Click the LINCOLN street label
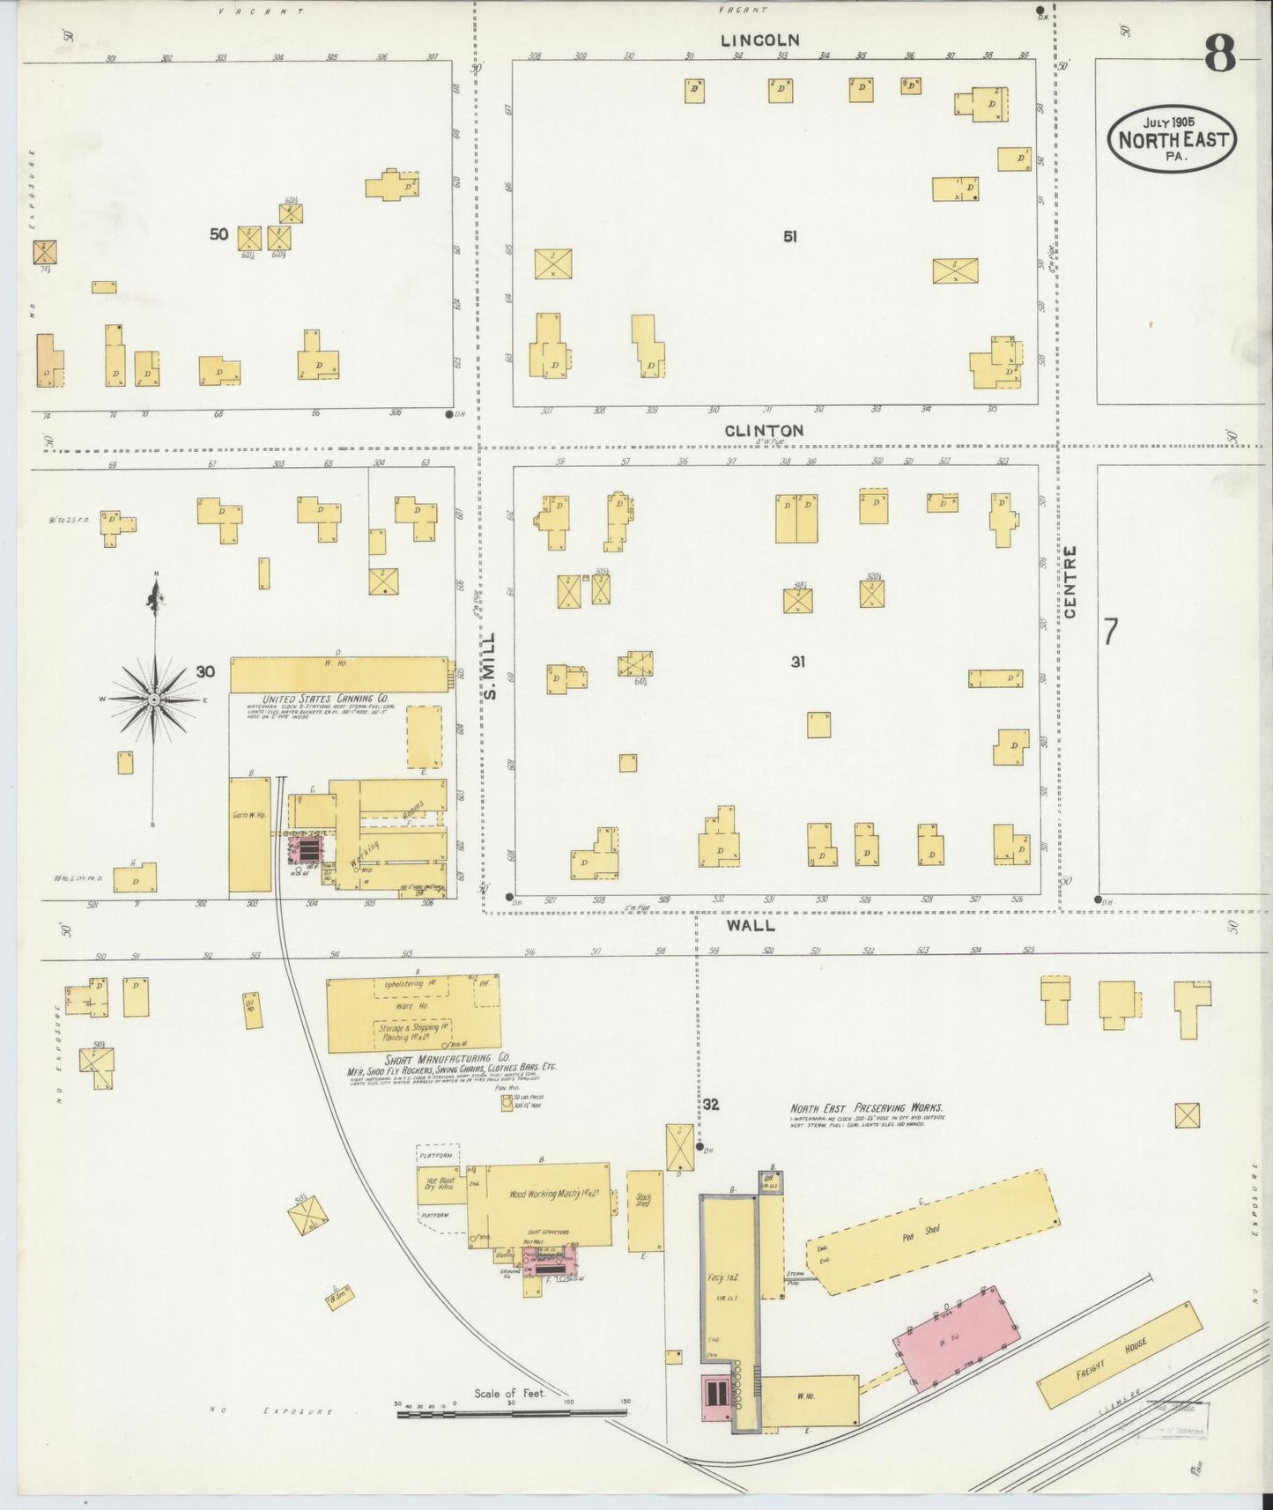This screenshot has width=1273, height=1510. click(759, 41)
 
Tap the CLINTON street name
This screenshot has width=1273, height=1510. click(764, 431)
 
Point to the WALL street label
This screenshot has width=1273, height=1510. click(751, 925)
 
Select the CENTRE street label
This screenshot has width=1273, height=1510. click(1070, 581)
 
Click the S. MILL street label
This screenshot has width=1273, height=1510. click(491, 665)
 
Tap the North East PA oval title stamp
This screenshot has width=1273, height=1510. click(1172, 139)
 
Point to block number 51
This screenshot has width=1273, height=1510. click(790, 236)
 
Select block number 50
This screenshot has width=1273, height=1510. click(218, 234)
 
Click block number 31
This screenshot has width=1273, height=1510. click(797, 662)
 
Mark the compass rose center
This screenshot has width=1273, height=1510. click(154, 699)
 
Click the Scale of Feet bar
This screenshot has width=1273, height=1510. click(511, 1412)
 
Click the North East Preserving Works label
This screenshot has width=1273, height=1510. click(866, 1108)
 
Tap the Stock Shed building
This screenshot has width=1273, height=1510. click(645, 1210)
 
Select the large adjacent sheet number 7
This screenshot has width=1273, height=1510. click(1111, 632)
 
